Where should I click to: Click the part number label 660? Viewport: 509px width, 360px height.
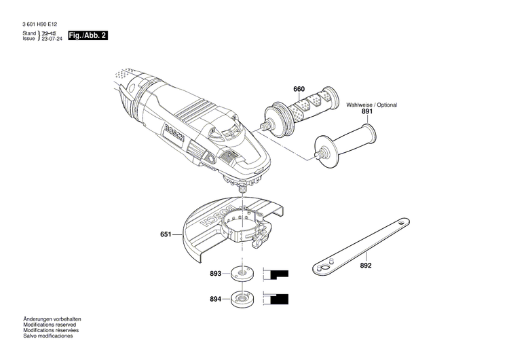(x=299, y=90)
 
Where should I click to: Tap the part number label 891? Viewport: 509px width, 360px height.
(x=367, y=111)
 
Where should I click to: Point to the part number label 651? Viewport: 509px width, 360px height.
(x=166, y=235)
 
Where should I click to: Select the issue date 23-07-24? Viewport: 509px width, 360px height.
(x=50, y=40)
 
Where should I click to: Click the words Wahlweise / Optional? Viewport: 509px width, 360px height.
(x=372, y=105)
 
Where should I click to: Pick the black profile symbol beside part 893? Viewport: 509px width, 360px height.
(x=278, y=275)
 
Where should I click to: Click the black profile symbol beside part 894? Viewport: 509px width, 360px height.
(x=278, y=298)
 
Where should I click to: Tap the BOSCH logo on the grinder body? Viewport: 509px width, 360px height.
(x=176, y=134)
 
